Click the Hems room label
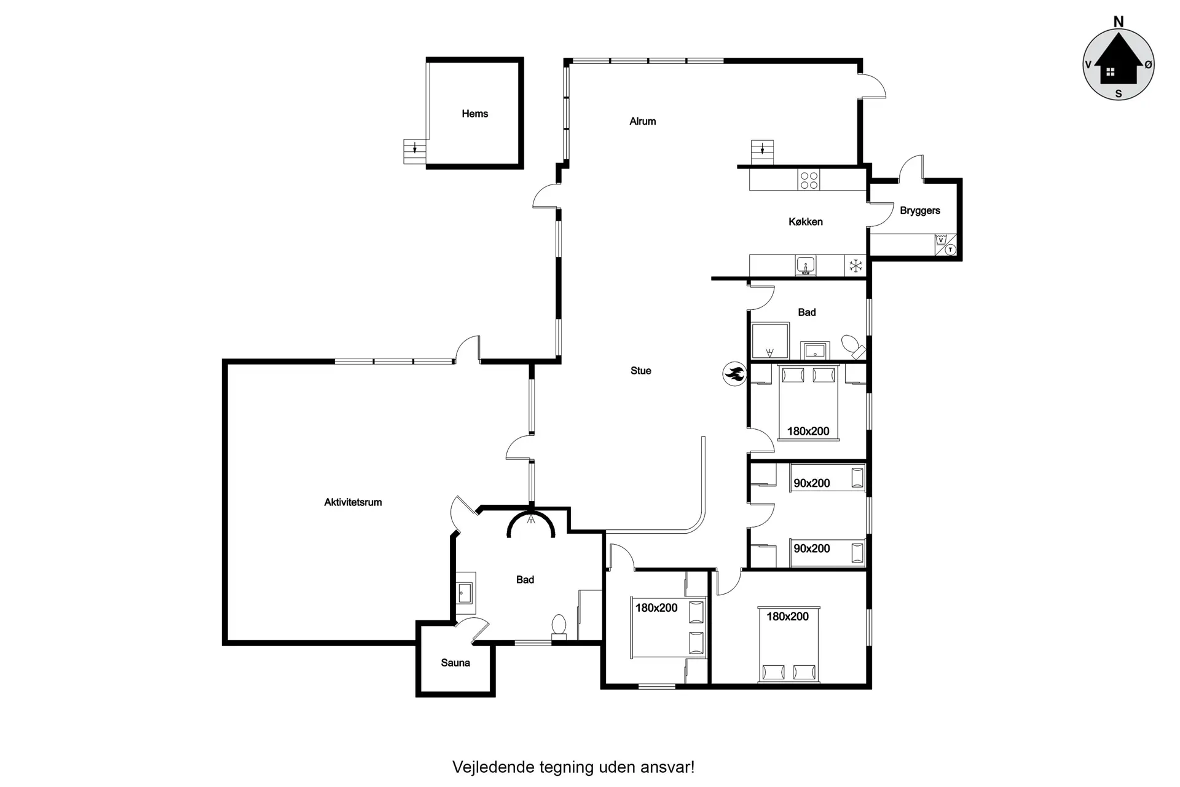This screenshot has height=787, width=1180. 474,114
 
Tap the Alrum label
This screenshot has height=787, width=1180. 642,122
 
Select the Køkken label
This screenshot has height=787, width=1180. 805,222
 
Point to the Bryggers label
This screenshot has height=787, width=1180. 919,211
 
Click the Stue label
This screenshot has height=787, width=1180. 640,371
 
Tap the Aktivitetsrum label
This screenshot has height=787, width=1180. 353,502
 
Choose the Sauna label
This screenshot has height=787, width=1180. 455,663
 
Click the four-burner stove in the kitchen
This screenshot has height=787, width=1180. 809,180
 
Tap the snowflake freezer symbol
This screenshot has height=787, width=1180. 855,266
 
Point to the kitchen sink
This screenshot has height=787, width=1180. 805,266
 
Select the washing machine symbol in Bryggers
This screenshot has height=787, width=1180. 940,240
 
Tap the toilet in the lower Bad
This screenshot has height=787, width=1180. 559,626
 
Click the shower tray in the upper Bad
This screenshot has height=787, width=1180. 769,341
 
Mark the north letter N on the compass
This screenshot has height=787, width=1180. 1119,22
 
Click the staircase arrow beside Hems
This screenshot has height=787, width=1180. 415,148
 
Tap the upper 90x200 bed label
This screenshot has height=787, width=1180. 811,483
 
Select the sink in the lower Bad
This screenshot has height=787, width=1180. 465,593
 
